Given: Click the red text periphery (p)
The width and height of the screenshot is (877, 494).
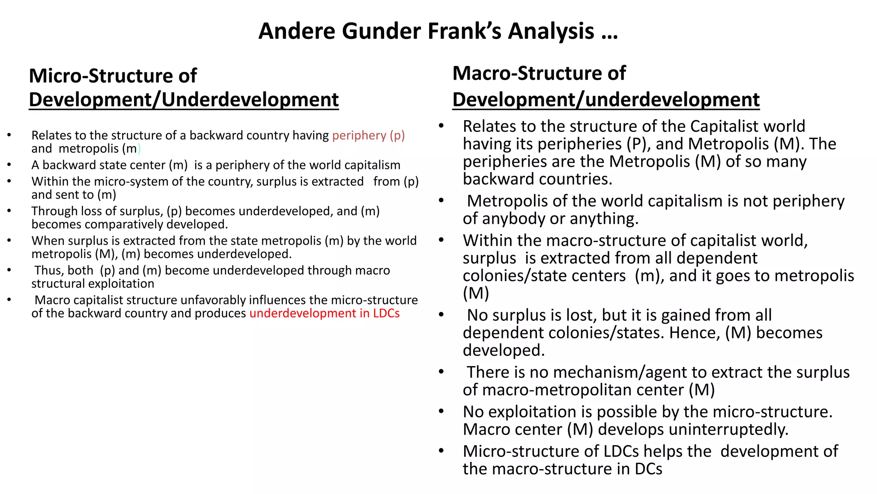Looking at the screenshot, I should click(x=368, y=135).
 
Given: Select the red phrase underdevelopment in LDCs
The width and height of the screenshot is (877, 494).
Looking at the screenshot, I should click(x=324, y=313).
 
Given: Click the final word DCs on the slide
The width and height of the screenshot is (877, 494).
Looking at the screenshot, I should click(x=648, y=469).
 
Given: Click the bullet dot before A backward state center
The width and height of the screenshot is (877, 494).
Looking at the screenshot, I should click(x=9, y=165).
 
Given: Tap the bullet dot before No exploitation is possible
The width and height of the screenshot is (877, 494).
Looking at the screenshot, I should click(x=441, y=411).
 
